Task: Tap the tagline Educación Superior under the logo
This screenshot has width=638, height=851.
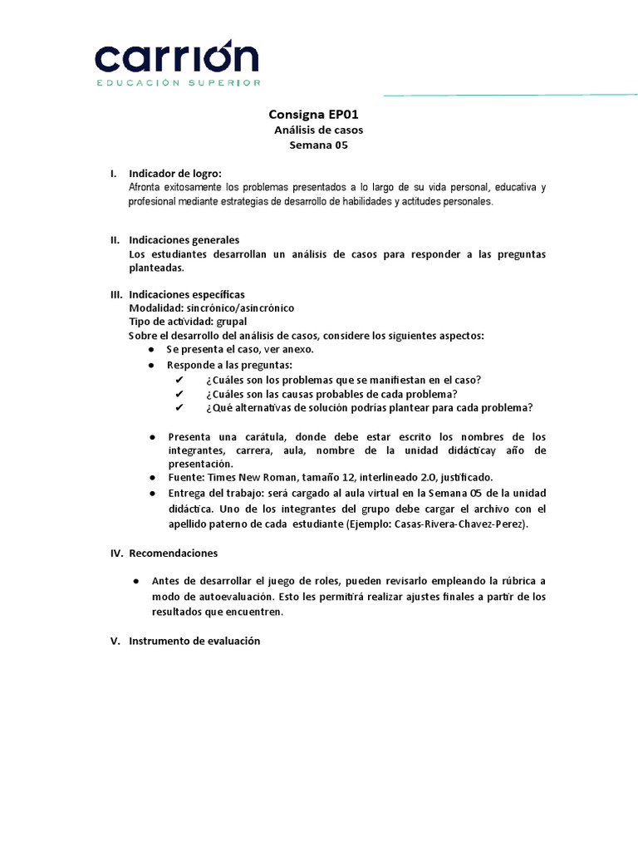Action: coord(179,83)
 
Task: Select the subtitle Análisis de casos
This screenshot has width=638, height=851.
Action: coord(319,130)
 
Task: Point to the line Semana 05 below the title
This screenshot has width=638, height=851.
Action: coord(318,145)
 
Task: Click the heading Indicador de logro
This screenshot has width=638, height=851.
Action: coord(175,174)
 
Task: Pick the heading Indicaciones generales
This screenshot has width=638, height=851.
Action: coord(184,240)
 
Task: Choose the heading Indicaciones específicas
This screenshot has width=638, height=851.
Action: coord(187,294)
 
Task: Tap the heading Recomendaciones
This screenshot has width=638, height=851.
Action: coord(174,553)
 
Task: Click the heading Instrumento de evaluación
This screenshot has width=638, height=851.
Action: coord(194,641)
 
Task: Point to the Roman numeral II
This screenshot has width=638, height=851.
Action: coord(115,240)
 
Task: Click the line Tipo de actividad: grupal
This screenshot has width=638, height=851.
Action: coord(188,322)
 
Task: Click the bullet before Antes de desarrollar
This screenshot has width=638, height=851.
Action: coord(137,581)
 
